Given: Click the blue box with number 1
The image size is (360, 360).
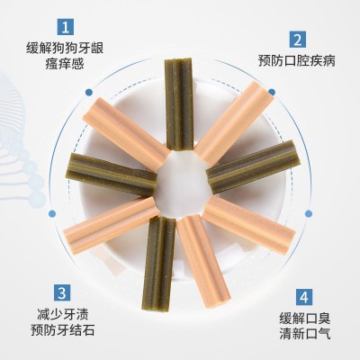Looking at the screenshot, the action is coord(66,27).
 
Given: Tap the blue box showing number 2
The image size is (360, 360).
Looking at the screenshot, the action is coord(298,40).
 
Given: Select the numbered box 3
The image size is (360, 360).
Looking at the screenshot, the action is coord(62,292).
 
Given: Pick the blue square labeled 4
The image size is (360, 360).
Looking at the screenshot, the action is coord(304,297).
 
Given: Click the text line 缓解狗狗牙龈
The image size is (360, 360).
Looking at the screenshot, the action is coord(65,48).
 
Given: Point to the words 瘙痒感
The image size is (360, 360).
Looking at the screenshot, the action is coord(65,64).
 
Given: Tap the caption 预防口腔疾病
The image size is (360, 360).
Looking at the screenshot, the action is coord(297,60).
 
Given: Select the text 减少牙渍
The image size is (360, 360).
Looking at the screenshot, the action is coord(63,315).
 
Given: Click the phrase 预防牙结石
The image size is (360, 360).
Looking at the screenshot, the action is coord(63,330).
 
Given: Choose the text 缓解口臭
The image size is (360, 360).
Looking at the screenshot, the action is coord(305,319).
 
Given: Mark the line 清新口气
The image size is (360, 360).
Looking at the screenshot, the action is coord(305,334).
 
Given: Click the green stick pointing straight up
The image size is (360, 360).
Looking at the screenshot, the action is coord(179,103).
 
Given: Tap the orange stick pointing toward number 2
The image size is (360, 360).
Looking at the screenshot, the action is coord(234,123).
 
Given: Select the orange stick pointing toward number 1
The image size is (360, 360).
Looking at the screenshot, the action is coord(126,133).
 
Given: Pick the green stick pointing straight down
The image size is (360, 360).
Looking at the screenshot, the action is coord(158,264).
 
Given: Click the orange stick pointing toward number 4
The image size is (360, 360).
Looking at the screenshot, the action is coord(249,224).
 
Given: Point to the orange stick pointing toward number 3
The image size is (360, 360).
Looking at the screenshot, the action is coord(112,225).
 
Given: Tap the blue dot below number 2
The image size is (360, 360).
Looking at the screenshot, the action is coord(272,92).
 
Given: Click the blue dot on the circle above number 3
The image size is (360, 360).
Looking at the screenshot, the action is coord(52,213).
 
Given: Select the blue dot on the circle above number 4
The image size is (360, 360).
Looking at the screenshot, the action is coord(309,213).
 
